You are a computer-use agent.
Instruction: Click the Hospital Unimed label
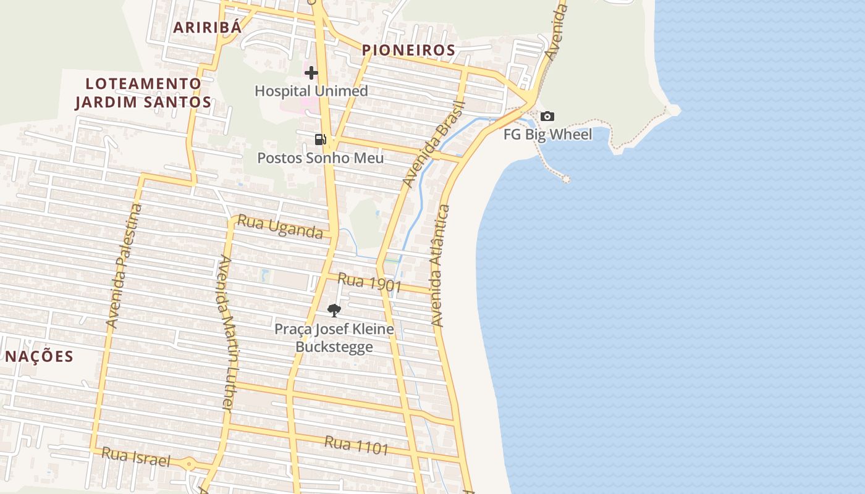pyautogui.click(x=311, y=91)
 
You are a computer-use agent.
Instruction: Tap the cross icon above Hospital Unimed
pyautogui.click(x=311, y=73)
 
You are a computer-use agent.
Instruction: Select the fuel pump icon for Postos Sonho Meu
pyautogui.click(x=320, y=140)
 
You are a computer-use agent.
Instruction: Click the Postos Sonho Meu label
pyautogui.click(x=320, y=158)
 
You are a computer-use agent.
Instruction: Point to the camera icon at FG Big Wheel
pyautogui.click(x=547, y=116)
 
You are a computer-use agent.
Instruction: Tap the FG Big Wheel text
pyautogui.click(x=547, y=134)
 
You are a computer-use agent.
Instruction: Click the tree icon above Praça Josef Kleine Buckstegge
pyautogui.click(x=334, y=310)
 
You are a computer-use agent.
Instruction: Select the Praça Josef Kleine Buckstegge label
pyautogui.click(x=334, y=337)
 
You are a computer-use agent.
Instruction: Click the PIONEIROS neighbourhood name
pyautogui.click(x=408, y=50)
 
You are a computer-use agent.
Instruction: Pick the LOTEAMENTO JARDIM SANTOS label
pyautogui.click(x=143, y=93)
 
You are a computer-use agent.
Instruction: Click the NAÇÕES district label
pyautogui.click(x=40, y=356)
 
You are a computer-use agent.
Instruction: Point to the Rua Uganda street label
pyautogui.click(x=280, y=227)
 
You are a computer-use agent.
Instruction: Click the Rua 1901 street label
pyautogui.click(x=369, y=283)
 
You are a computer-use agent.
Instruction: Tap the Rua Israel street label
pyautogui.click(x=135, y=457)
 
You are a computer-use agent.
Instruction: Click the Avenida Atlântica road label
pyautogui.click(x=439, y=266)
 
